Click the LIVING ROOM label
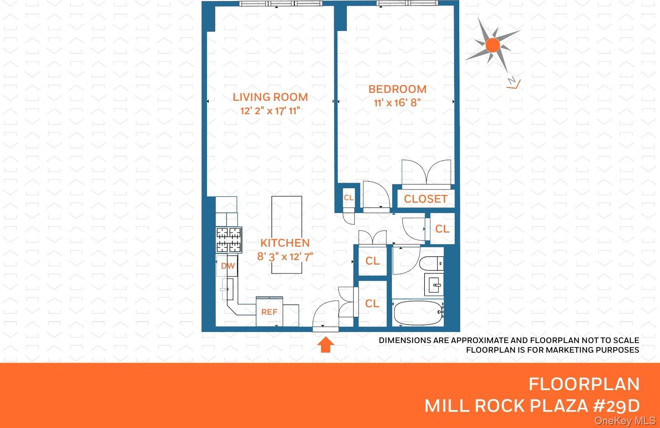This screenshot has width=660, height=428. point(270,97)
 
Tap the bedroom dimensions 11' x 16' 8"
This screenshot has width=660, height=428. point(397,103)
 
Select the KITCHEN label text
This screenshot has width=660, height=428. point(285,243)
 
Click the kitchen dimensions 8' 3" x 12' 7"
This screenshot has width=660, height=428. point(285,257)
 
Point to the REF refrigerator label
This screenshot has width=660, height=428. point(269,312)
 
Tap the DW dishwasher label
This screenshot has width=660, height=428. point(228,266)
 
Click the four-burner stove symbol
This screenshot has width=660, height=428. point(229,240)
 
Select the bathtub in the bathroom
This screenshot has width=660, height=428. point(417,313)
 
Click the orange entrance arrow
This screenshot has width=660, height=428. point(325,345)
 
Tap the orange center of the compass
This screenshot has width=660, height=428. point(493,45)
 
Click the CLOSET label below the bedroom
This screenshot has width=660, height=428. point(426,199)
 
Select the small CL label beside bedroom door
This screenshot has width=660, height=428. point(349,198)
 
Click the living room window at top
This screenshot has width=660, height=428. point(280,3)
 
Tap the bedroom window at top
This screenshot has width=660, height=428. point(408,3)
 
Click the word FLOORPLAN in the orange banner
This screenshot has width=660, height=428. point(584,384)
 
